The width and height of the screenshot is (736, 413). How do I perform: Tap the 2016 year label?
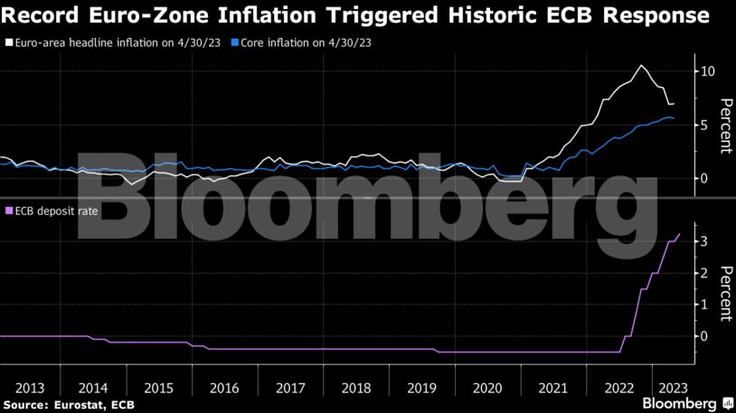pyautogui.click(x=223, y=387)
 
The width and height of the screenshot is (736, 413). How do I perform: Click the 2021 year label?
pyautogui.click(x=552, y=387)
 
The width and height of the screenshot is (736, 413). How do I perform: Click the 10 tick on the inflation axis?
pyautogui.click(x=708, y=71)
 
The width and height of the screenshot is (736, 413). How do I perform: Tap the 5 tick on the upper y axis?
pyautogui.click(x=704, y=125)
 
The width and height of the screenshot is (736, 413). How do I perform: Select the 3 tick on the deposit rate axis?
pyautogui.click(x=704, y=241)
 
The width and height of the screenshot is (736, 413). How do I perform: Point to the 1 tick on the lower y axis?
pyautogui.click(x=704, y=305)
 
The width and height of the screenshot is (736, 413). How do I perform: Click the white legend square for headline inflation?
pyautogui.click(x=9, y=42)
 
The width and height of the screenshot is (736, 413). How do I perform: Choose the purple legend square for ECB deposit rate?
pyautogui.click(x=9, y=211)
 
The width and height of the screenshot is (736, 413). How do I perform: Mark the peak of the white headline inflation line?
pyautogui.click(x=641, y=65)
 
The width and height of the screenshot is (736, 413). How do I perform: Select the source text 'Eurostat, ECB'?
pyautogui.click(x=88, y=403)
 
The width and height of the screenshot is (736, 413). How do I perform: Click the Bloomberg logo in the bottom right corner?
pyautogui.click(x=680, y=402)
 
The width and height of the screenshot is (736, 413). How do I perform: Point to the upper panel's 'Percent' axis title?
pyautogui.click(x=723, y=126)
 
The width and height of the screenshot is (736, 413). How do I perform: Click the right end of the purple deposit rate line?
pyautogui.click(x=679, y=234)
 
